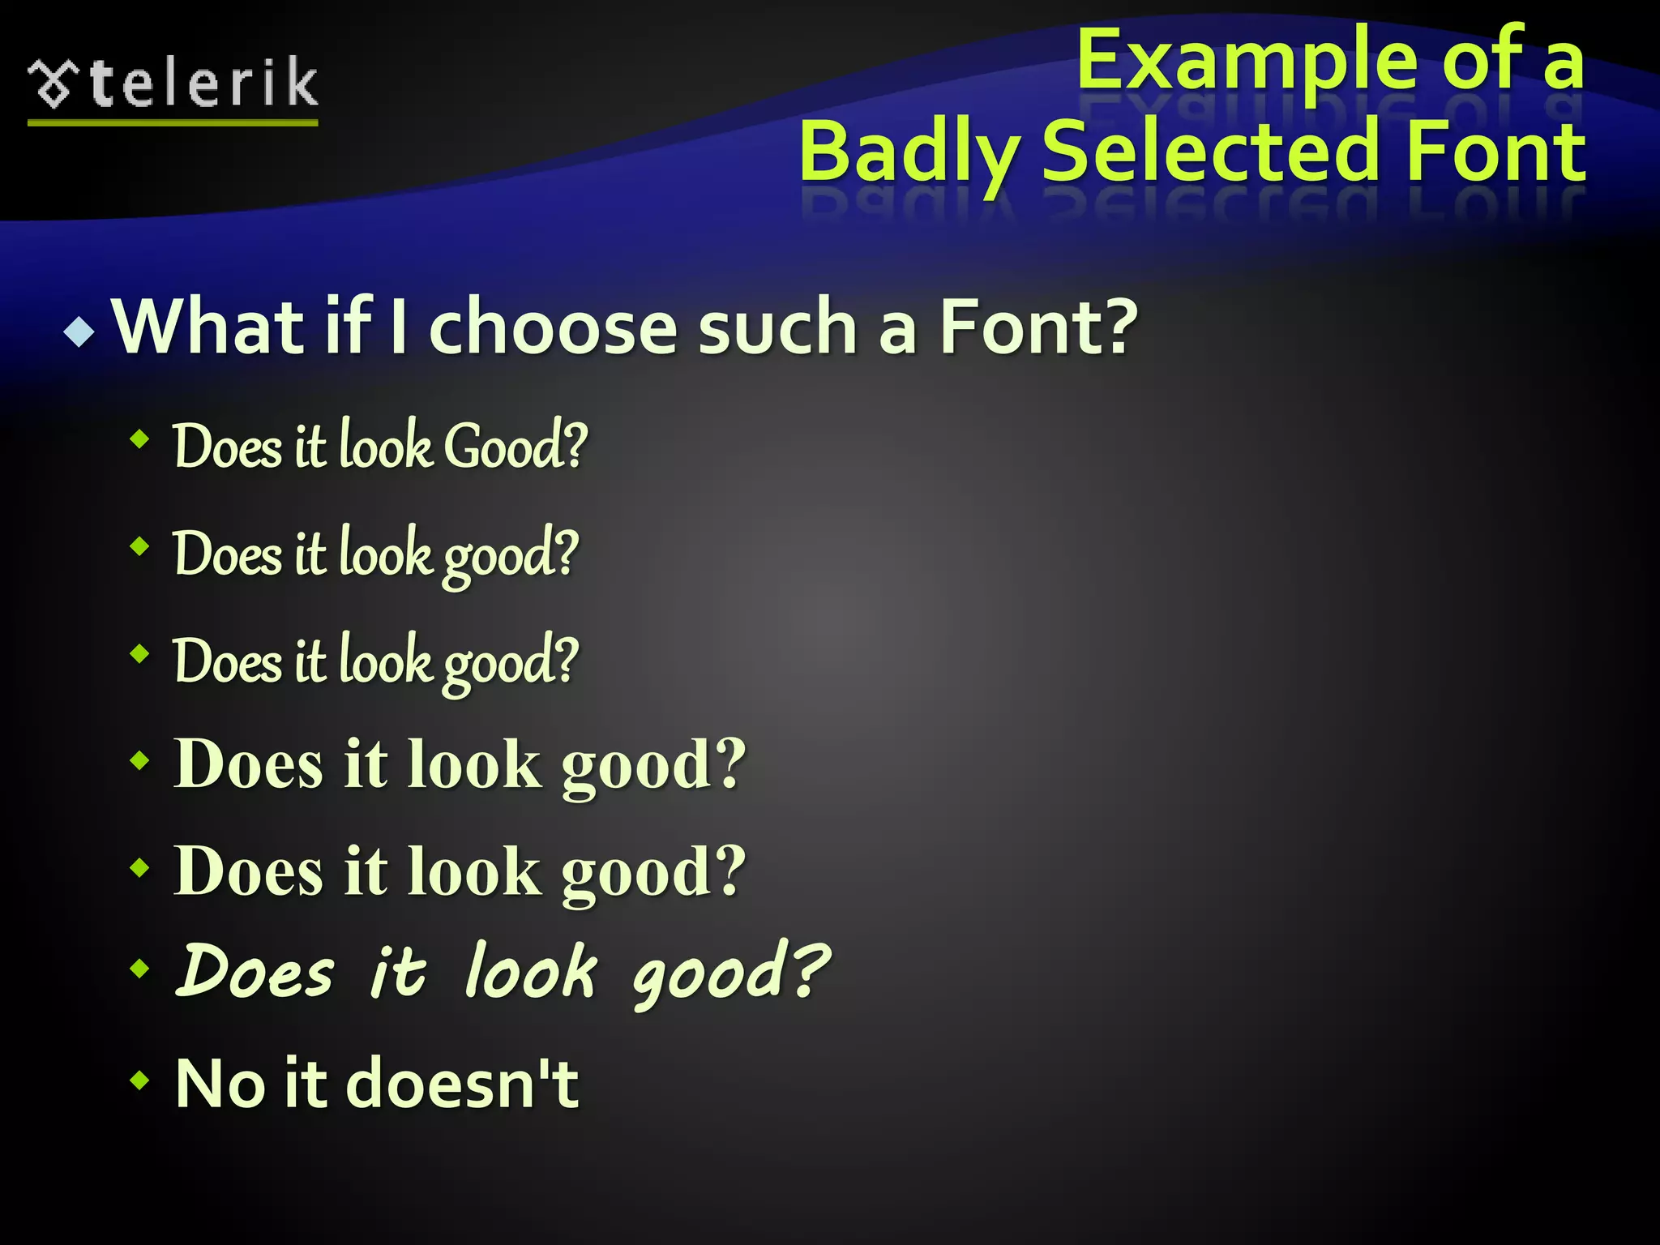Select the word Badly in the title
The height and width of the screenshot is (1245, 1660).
tap(909, 152)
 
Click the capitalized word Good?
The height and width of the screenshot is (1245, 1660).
tap(516, 446)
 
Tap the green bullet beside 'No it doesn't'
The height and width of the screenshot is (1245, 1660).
tap(140, 1080)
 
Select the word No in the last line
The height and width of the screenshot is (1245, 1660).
tap(220, 1083)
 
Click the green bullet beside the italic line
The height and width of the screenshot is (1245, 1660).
tap(140, 968)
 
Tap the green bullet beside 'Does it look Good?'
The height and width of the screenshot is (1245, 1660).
tap(140, 440)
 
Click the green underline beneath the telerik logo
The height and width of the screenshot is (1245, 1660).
tap(173, 122)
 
